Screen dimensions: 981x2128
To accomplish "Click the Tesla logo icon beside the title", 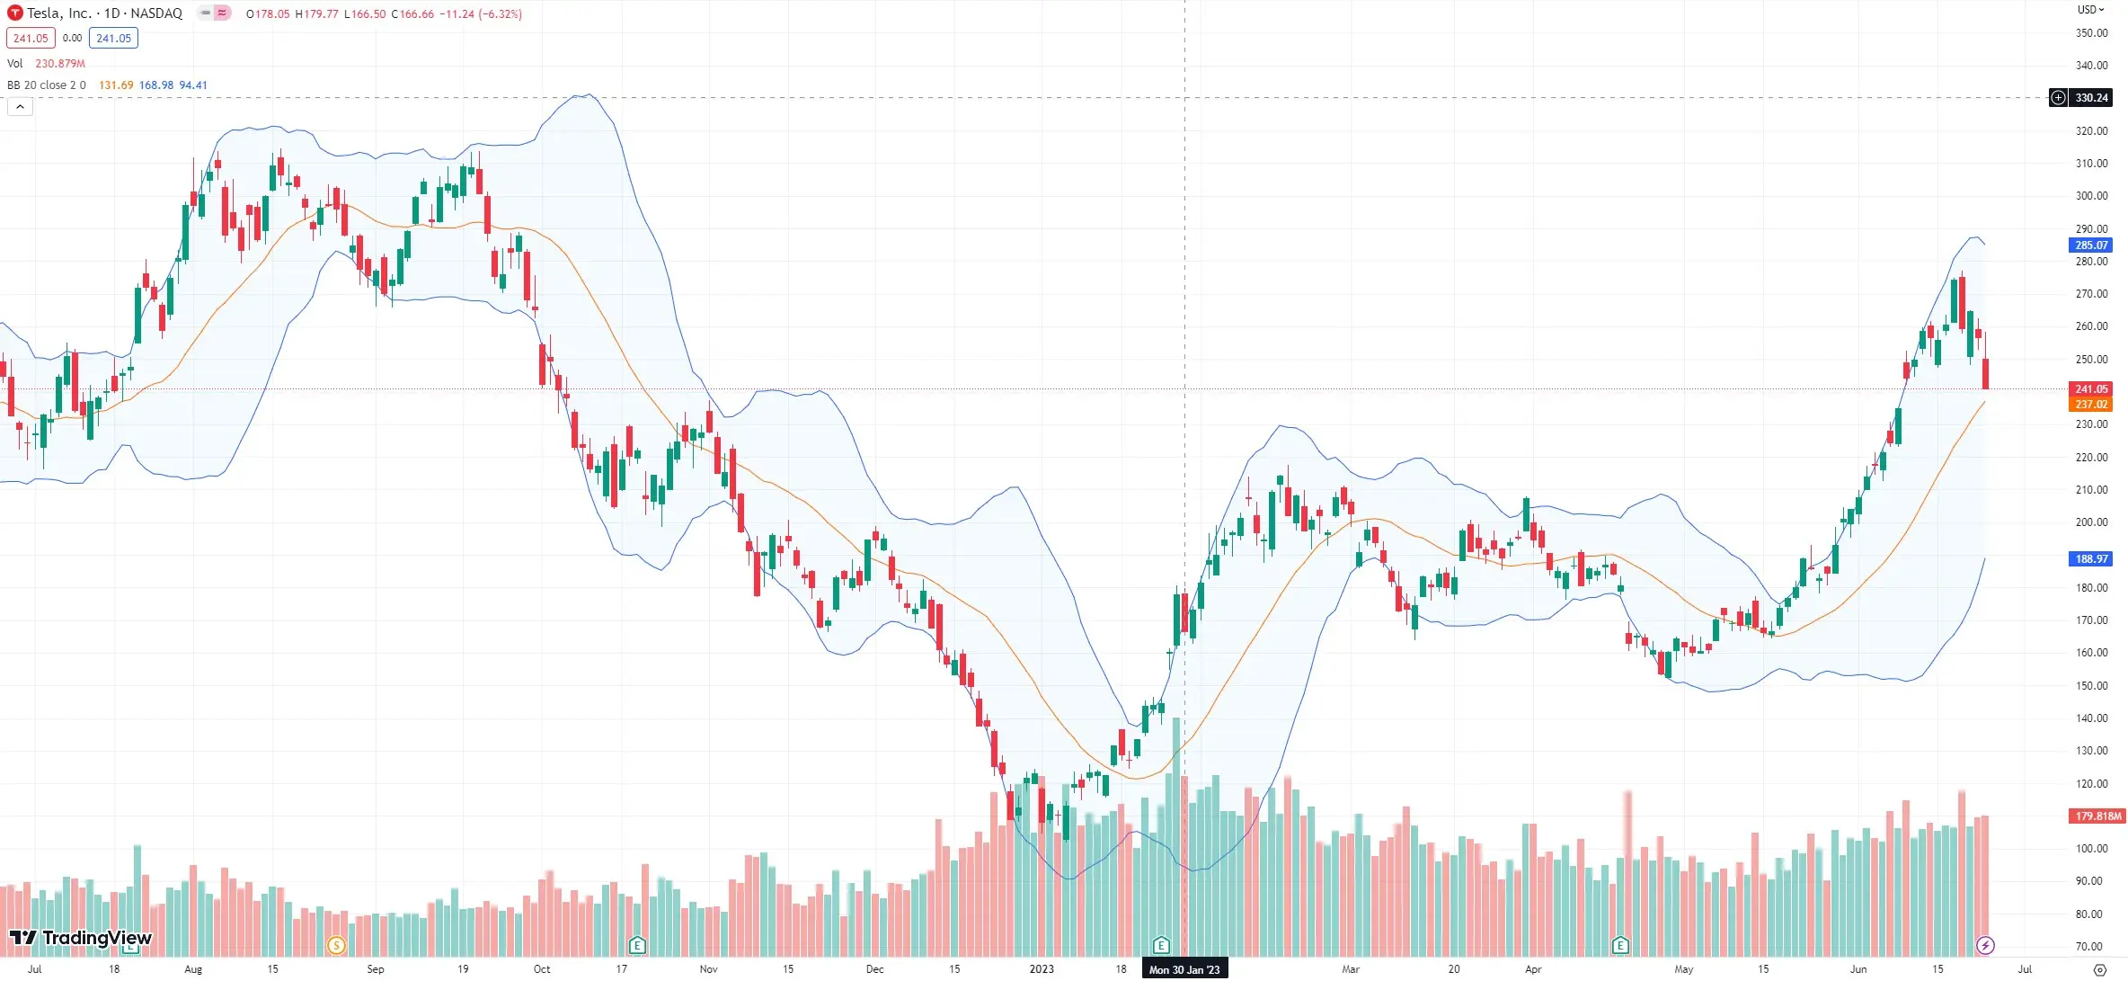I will (15, 13).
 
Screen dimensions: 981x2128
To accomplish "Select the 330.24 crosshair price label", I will (2090, 98).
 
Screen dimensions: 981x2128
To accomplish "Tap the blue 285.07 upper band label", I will (2090, 245).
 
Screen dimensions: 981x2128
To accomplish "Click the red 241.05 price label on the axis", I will (2090, 389).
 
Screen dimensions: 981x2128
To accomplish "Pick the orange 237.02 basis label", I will (2090, 405).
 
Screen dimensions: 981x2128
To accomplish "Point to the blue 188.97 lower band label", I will (2090, 559).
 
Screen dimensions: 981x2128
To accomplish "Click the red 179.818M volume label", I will (2097, 816).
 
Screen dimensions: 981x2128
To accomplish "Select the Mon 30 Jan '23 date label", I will (1184, 969).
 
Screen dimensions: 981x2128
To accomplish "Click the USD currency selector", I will (2090, 10).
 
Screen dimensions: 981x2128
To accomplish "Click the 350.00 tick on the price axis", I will (2091, 33).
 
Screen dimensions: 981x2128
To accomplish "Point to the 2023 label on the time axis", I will (1042, 969).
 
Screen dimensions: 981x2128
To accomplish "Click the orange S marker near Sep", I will (336, 945).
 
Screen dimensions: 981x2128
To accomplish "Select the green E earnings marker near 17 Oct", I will (637, 945).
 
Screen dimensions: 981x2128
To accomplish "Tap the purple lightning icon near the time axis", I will (1985, 945).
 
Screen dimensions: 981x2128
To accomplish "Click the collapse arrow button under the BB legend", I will (20, 107).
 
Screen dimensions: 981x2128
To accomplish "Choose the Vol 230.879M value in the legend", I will (59, 64).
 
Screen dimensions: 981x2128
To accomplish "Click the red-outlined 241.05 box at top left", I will (31, 39).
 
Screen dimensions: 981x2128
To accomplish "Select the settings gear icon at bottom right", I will (2099, 969).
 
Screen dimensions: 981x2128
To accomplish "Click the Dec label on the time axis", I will (874, 969).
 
